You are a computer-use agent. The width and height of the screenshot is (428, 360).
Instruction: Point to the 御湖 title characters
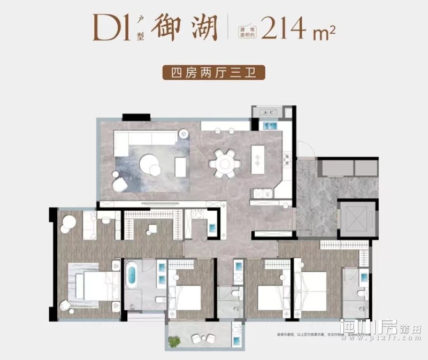(x=185, y=27)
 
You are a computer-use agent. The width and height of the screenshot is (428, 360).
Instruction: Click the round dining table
(x=224, y=162)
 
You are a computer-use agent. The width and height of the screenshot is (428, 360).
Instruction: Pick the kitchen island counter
(x=258, y=159)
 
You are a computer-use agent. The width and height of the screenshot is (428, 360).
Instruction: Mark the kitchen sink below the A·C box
(x=269, y=127)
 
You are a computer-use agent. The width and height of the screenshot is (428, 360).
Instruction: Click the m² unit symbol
(x=323, y=33)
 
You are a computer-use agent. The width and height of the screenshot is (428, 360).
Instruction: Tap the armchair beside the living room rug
(x=119, y=185)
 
